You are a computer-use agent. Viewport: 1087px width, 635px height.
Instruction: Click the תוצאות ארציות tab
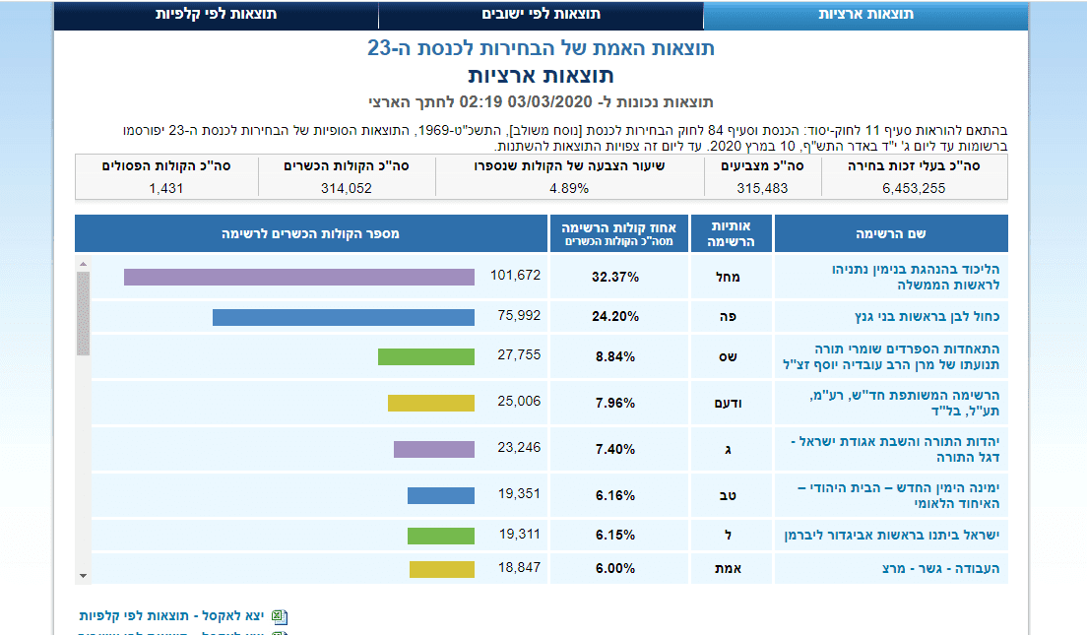coord(865,15)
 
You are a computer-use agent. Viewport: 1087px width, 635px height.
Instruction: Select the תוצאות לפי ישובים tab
coord(541,15)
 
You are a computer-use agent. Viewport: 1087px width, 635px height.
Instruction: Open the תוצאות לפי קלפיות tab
coord(216,15)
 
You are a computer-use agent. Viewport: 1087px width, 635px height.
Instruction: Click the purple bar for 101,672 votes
coord(298,277)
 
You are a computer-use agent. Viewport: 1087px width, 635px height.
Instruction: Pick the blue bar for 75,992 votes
coord(343,317)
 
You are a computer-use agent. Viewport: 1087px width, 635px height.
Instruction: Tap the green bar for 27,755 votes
coord(425,356)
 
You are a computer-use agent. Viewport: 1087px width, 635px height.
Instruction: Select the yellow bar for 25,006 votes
coord(430,403)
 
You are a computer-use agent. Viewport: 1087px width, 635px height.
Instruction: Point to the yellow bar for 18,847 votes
coord(441,569)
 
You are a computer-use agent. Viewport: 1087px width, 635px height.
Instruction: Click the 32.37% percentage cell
coord(614,277)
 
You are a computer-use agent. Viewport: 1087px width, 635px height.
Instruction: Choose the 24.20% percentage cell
coord(614,317)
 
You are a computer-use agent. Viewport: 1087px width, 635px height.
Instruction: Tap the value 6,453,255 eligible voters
coord(914,188)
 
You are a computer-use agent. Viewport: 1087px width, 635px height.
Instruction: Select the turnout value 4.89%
coord(569,188)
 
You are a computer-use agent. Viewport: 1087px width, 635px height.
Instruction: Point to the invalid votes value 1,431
coord(166,188)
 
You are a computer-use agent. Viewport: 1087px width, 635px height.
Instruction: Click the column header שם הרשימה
coord(890,233)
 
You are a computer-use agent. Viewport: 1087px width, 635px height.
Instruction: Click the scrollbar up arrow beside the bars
coord(83,263)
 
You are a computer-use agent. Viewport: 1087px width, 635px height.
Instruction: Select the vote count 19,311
coord(519,535)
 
